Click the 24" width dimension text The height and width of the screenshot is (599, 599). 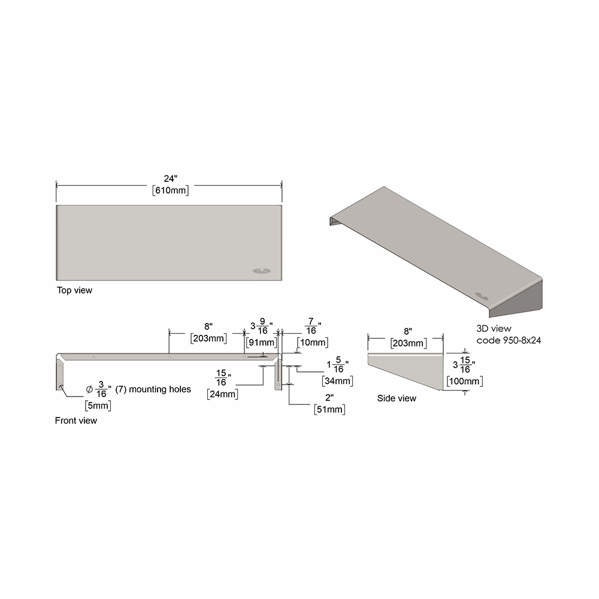click(170, 179)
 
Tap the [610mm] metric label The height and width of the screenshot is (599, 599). click(170, 190)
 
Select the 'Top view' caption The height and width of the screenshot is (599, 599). click(74, 291)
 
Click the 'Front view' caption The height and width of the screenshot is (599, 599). click(76, 420)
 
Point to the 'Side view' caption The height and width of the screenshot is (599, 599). click(397, 398)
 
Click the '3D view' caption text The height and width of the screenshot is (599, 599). click(494, 328)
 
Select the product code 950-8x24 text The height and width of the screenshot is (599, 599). click(509, 340)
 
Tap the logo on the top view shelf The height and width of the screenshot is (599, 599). click(262, 271)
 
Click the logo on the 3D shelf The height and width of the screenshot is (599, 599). click(482, 295)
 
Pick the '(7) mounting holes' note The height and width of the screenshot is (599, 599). click(153, 389)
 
